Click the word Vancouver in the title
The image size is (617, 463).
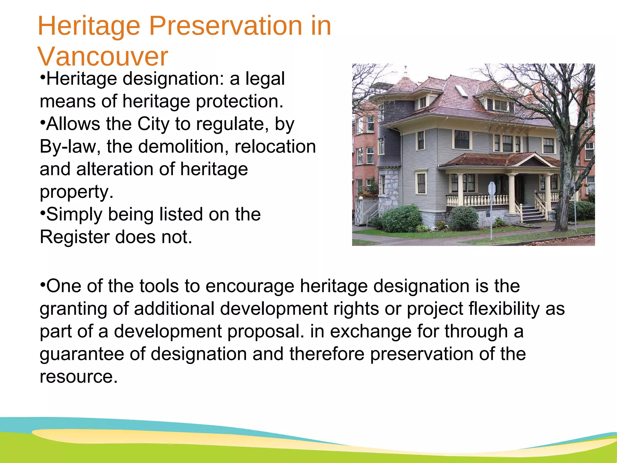tap(102, 57)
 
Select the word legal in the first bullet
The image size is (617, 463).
tap(265, 79)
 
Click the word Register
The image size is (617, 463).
tap(74, 237)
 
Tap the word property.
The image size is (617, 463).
tap(77, 192)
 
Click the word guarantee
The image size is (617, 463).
tap(82, 354)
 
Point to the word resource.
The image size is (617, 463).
tap(78, 377)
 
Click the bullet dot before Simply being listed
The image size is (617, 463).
tap(42, 213)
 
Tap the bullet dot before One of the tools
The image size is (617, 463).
tap(42, 284)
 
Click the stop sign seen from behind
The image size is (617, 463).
tap(492, 188)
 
